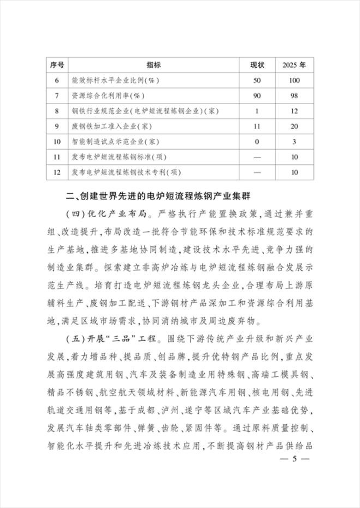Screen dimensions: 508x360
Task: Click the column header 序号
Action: [57, 65]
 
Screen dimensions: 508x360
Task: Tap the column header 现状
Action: [257, 65]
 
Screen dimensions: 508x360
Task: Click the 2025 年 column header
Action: [294, 65]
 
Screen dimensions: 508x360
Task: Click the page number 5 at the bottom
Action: [293, 459]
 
